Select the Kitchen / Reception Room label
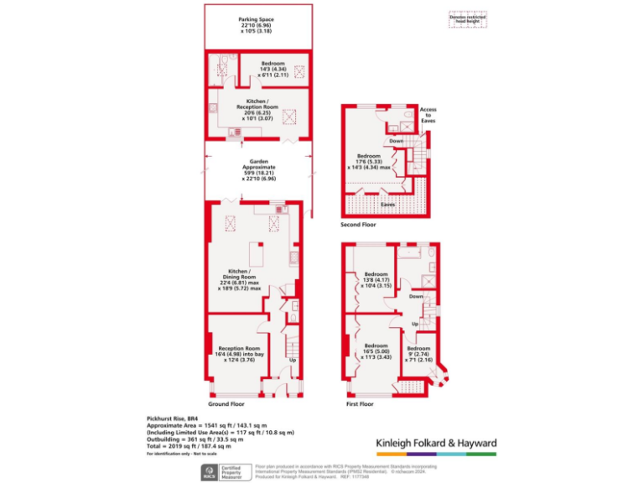(257, 105)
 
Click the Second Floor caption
(359, 225)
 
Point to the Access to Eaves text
(428, 116)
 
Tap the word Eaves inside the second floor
(387, 204)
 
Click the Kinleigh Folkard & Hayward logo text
(435, 443)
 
